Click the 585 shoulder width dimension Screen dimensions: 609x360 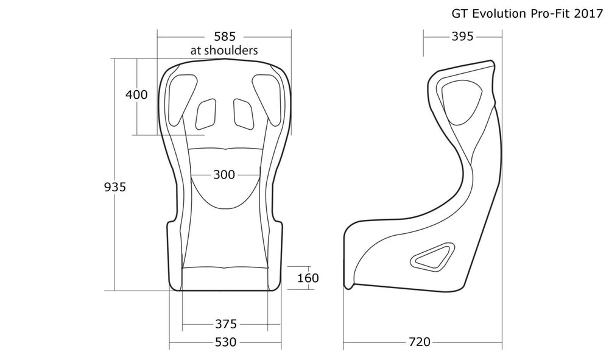225,37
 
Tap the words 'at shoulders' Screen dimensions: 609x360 224,50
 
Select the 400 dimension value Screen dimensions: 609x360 136,94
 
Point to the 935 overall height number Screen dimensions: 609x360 115,187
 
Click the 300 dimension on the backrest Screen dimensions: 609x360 224,175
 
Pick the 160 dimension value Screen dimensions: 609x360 308,278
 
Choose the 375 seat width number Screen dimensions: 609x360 226,323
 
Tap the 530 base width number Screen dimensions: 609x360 225,342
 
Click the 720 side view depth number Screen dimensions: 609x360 420,342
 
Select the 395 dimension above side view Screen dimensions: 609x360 463,37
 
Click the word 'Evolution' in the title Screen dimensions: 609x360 499,13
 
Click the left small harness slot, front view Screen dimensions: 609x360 206,114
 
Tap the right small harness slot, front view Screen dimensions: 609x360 244,114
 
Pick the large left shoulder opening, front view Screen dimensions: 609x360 183,99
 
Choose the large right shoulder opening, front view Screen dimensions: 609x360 267,99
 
